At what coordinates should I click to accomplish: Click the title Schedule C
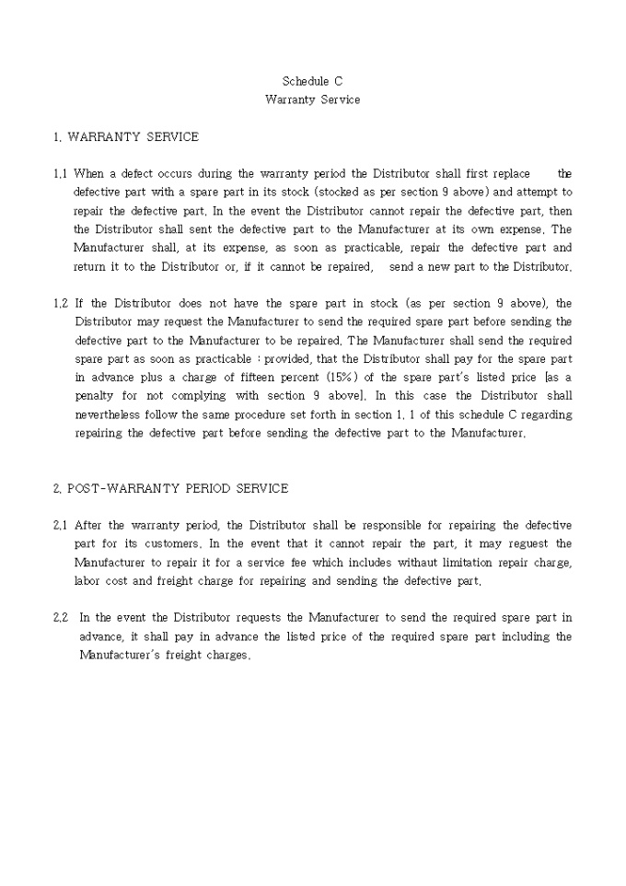tap(312, 81)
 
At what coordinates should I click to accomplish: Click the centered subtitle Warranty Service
tap(312, 99)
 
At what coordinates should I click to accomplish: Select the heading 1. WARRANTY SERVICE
tap(126, 137)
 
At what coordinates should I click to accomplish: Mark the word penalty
tap(95, 396)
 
